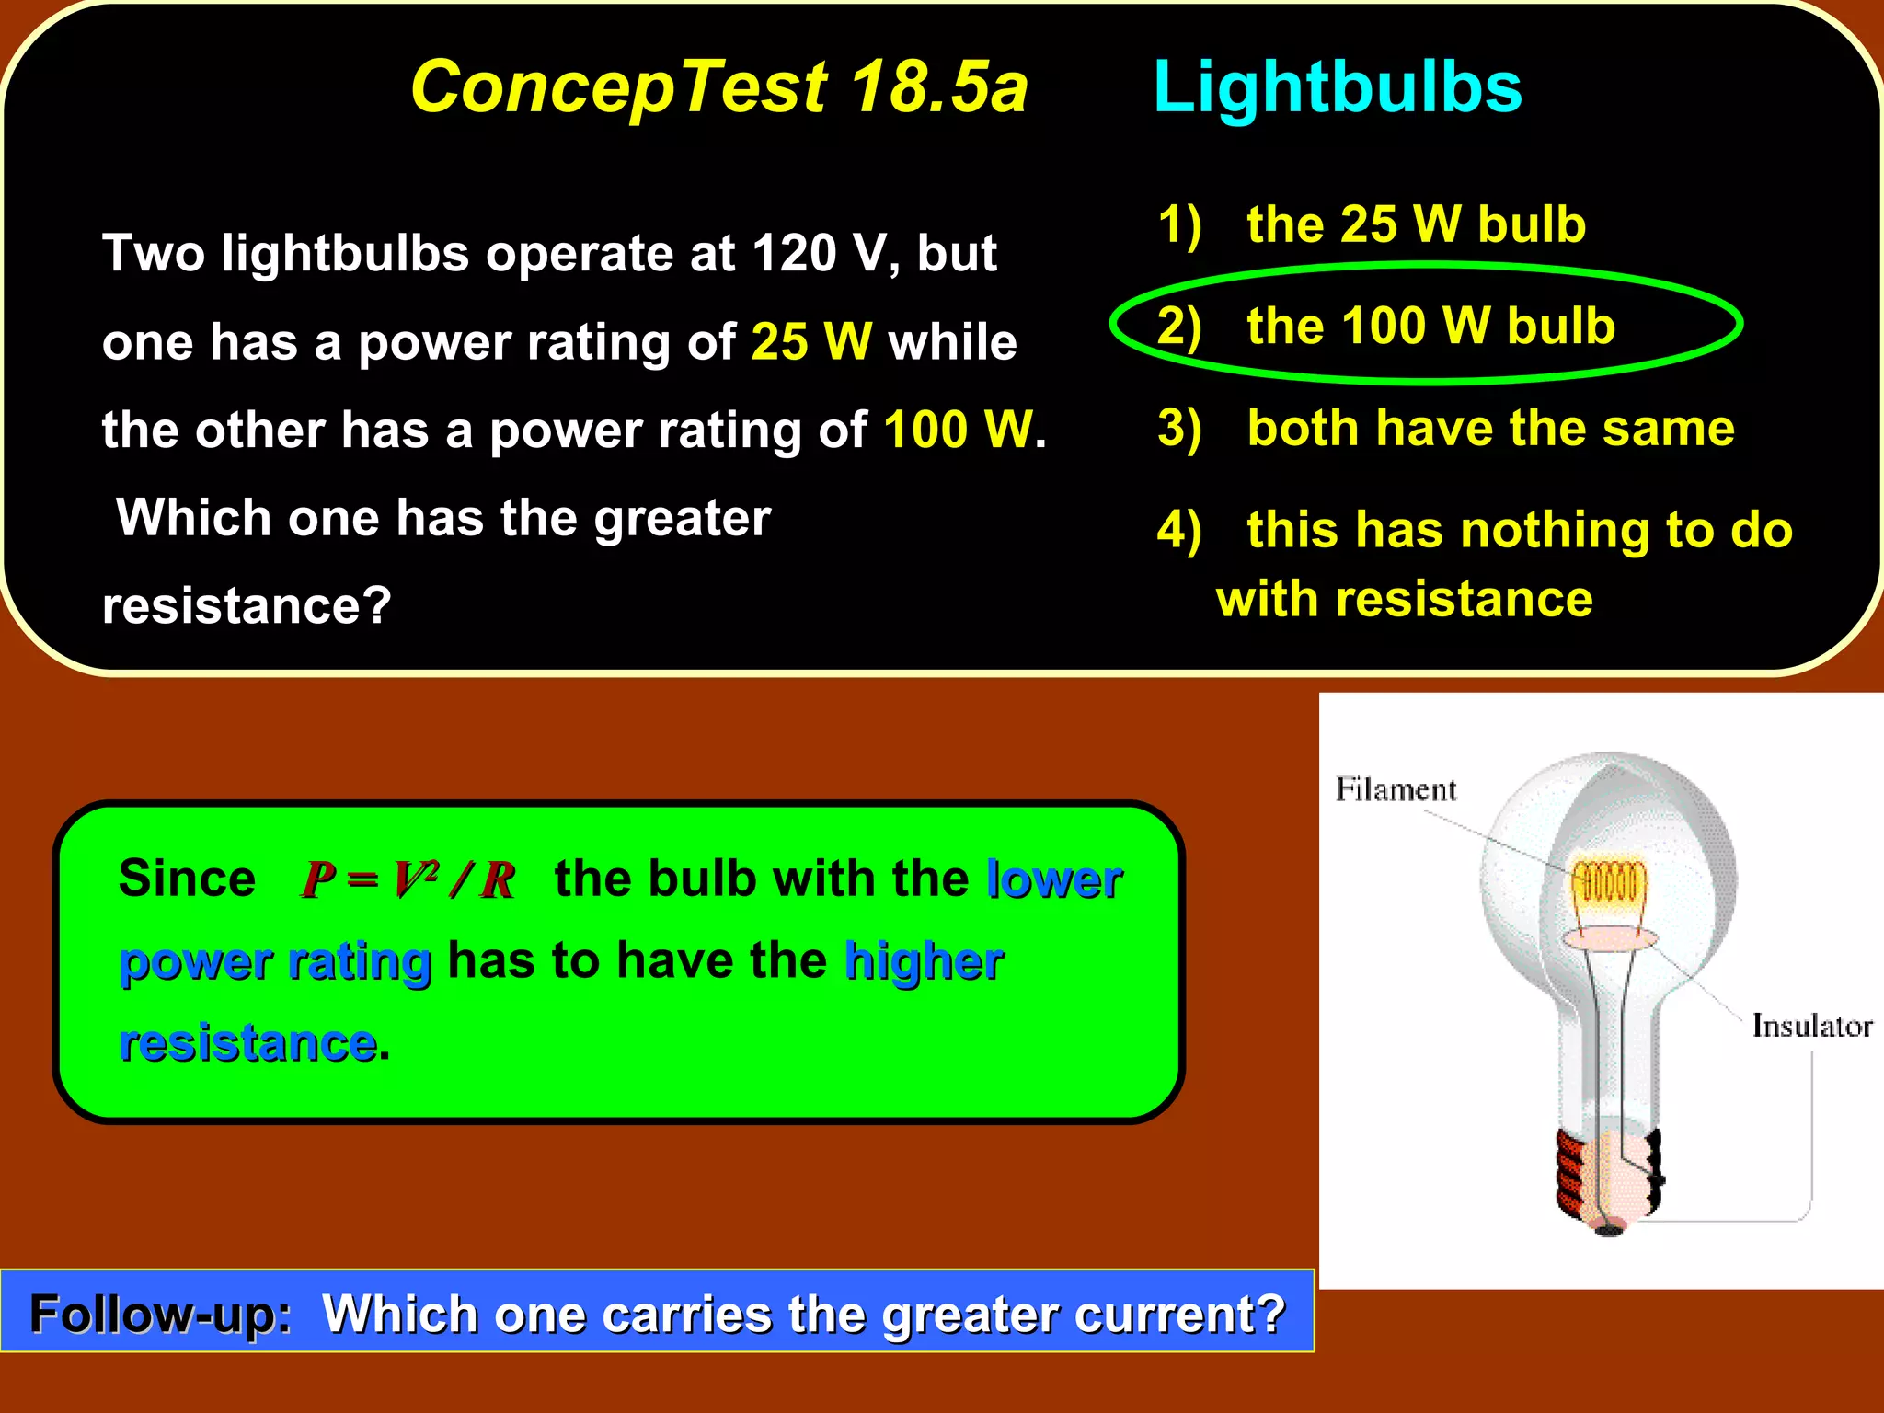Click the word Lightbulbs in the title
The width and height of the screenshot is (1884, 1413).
(x=1337, y=87)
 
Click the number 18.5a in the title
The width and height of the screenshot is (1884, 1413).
(x=938, y=87)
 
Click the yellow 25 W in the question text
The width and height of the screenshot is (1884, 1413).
(x=811, y=342)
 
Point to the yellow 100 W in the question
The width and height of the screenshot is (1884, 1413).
(x=959, y=430)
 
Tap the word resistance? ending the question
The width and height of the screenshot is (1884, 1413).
(x=247, y=606)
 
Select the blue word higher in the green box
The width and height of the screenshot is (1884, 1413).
(x=924, y=961)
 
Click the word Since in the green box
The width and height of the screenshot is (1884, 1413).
(x=187, y=879)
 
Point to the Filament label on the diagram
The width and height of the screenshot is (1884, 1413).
(x=1396, y=789)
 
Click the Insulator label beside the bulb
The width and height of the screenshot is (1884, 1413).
(x=1811, y=1026)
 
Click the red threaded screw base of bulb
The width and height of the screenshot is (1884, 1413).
(x=1574, y=1173)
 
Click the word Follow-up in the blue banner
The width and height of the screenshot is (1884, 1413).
(x=160, y=1314)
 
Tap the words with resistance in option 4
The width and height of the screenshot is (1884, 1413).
(x=1404, y=600)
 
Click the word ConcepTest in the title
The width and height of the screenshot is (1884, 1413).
(x=619, y=87)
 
